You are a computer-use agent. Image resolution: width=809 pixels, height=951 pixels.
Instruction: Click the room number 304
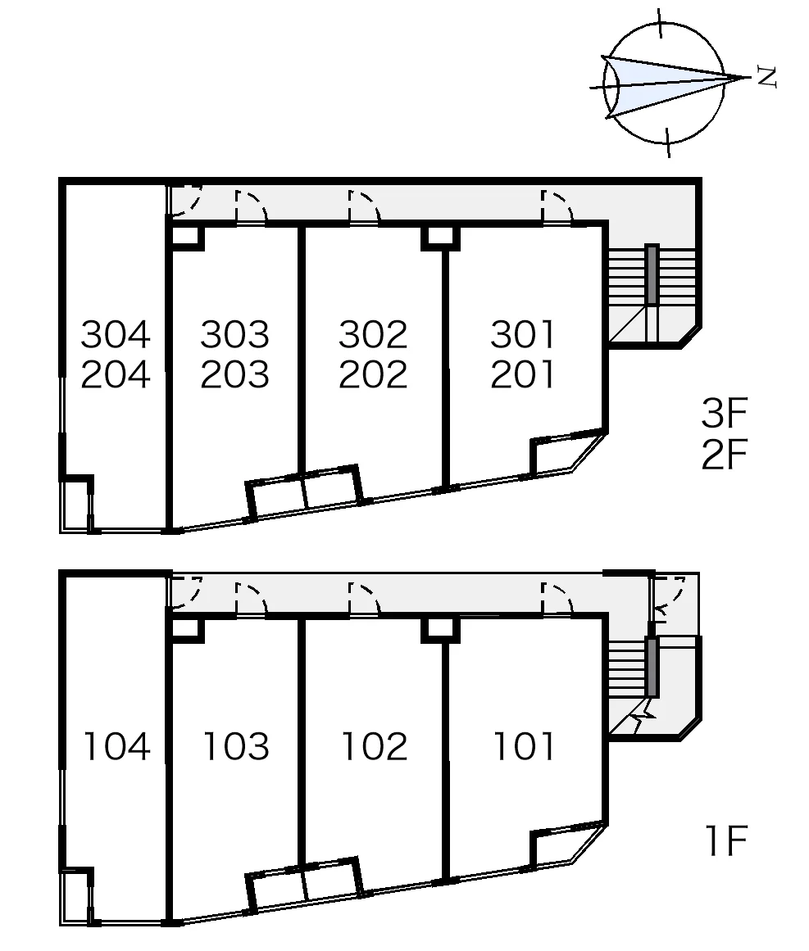click(116, 334)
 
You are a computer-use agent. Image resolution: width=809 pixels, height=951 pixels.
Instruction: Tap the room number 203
click(235, 374)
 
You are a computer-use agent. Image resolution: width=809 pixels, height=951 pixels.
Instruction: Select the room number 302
click(373, 334)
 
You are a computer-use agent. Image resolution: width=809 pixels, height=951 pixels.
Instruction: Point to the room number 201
click(523, 374)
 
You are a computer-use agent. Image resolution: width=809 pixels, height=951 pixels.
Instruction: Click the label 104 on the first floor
click(116, 746)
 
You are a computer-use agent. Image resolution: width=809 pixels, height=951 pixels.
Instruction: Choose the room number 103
click(236, 746)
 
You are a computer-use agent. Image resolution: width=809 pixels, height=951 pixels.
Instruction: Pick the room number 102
click(375, 746)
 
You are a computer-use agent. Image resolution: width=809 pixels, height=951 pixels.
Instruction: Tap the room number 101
click(524, 746)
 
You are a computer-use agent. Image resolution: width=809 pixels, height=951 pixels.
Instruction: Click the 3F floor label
click(724, 412)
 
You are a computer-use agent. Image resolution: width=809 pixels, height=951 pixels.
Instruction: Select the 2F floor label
click(724, 455)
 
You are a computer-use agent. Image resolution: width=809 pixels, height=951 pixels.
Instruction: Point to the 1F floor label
click(726, 840)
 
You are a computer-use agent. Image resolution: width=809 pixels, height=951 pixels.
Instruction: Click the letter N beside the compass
click(767, 77)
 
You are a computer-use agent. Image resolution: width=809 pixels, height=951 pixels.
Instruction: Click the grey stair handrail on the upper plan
click(651, 274)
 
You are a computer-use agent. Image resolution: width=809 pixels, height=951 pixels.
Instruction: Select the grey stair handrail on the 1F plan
click(652, 667)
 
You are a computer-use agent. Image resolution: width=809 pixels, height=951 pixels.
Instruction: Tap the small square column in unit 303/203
click(187, 238)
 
